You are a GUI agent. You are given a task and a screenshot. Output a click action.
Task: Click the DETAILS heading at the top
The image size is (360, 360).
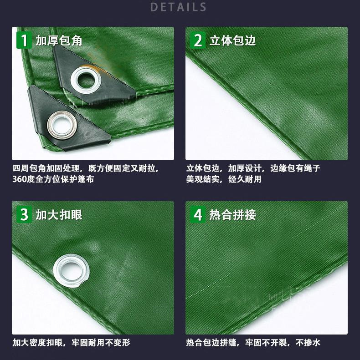click(x=178, y=7)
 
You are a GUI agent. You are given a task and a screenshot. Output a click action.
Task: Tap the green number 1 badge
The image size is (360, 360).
click(x=24, y=41)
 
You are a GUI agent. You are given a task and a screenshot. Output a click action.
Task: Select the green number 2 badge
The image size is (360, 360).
click(x=198, y=41)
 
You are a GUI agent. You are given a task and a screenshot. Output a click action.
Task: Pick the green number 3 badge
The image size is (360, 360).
click(x=24, y=215)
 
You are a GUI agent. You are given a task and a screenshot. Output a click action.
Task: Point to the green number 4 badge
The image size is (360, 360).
click(x=198, y=215)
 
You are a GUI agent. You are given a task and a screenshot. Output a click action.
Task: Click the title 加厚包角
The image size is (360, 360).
click(x=59, y=41)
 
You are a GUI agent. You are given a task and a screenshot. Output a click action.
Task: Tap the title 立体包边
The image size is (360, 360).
click(x=232, y=41)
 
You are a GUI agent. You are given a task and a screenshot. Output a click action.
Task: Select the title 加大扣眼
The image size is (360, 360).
click(x=59, y=215)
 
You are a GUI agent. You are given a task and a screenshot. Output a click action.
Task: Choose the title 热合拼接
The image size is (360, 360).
click(x=232, y=215)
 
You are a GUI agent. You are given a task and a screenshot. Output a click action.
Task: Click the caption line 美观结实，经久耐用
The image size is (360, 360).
click(x=224, y=179)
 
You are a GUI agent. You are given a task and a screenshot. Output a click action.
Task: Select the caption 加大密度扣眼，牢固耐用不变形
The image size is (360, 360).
click(x=71, y=343)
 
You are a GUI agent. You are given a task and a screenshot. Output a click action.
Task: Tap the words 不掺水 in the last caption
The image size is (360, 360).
click(x=308, y=343)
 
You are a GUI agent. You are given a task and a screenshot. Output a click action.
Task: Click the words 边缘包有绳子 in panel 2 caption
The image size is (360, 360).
click(x=295, y=168)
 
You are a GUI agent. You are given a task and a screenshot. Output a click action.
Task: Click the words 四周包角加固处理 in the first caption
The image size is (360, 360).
click(x=46, y=168)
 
